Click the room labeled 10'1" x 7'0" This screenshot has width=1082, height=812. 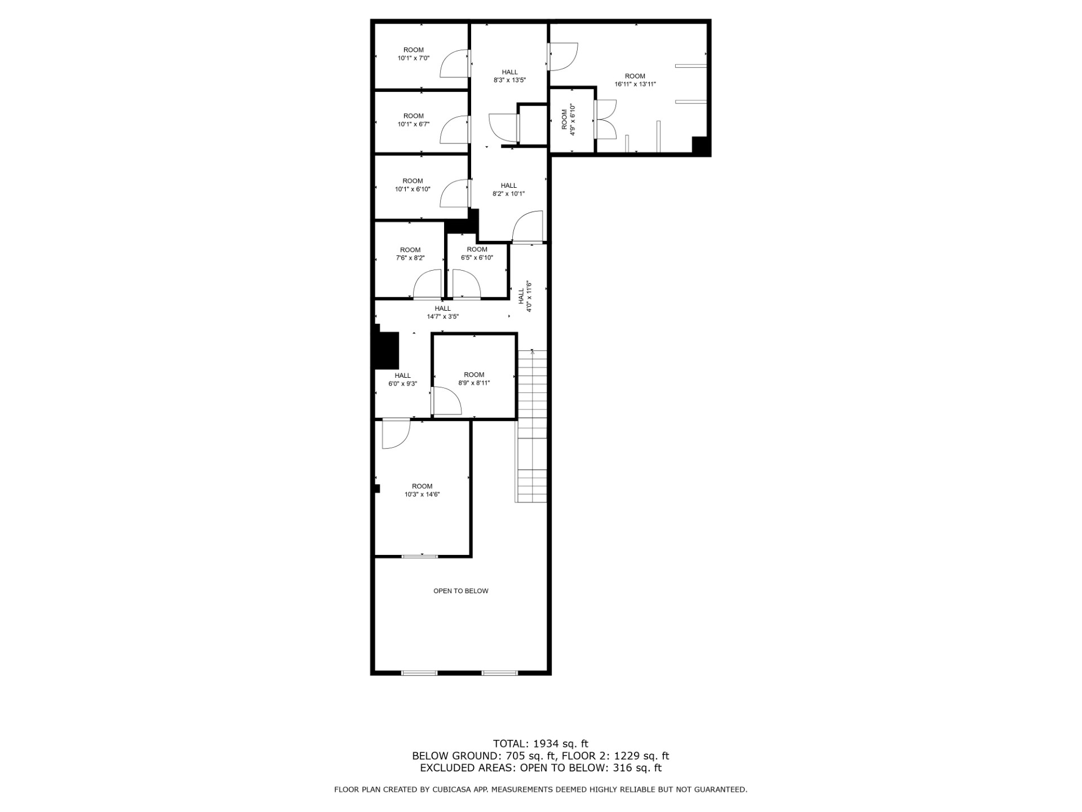tap(413, 54)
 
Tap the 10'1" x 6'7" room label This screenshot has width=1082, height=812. tap(413, 120)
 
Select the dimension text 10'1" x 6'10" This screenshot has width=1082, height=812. tap(413, 185)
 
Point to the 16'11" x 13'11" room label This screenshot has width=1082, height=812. tap(635, 80)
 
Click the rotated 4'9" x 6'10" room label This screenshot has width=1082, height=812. tap(568, 120)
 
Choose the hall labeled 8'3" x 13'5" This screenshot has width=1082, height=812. tap(509, 76)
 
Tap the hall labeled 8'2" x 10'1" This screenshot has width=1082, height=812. tap(508, 189)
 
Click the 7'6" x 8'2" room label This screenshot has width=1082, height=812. tap(410, 254)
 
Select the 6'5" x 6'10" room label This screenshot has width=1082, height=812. tap(477, 253)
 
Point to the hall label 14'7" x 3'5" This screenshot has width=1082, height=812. tap(442, 312)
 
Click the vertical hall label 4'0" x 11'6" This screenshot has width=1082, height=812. tap(525, 296)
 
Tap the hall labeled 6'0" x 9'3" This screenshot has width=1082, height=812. tap(402, 379)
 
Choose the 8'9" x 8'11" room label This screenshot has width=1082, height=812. tap(474, 378)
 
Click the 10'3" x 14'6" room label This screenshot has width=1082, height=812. tap(422, 490)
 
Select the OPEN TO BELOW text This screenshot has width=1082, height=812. tap(460, 591)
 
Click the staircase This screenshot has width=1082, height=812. tap(532, 426)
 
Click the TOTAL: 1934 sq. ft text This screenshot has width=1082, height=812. tap(540, 744)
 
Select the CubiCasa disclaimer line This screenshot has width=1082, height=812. tap(540, 789)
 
